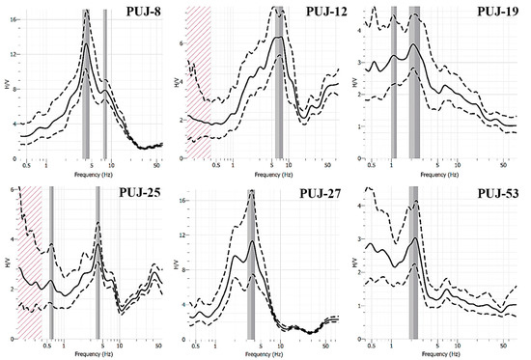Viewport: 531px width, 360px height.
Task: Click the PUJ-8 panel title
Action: (135, 12)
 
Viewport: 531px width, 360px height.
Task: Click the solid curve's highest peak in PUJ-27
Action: (251, 241)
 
